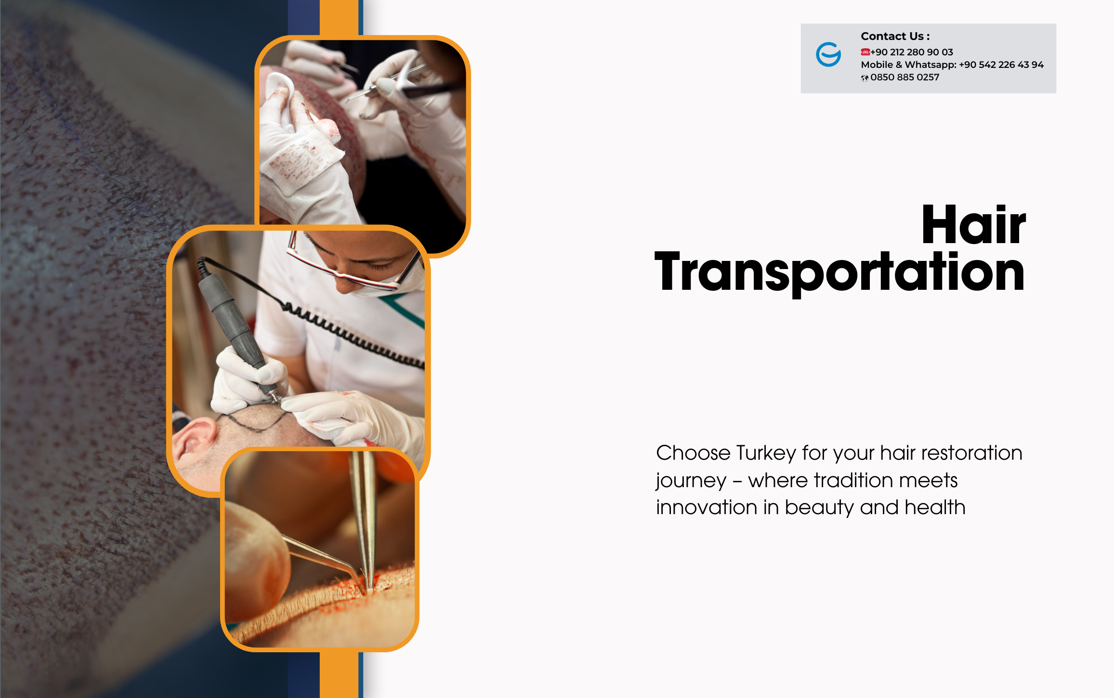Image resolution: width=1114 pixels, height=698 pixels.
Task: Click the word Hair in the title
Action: [973, 224]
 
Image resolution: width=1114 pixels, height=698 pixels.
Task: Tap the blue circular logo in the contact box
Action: [828, 54]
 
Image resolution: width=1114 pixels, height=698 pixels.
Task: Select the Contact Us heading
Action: [895, 36]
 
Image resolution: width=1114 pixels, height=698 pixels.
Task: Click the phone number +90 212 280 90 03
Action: [912, 52]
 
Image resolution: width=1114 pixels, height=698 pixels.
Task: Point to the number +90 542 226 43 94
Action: [1001, 65]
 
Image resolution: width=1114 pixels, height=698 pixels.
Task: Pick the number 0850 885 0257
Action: [905, 77]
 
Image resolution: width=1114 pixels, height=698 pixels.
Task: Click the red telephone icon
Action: [865, 52]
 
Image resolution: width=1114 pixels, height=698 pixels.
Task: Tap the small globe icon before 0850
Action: [865, 78]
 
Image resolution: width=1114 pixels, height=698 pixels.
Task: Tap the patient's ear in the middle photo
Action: [195, 438]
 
